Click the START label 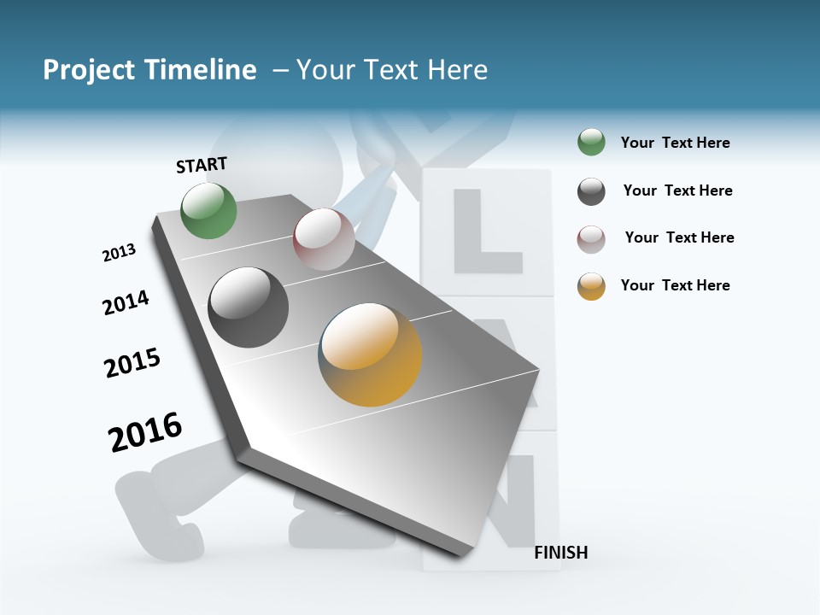click(x=202, y=165)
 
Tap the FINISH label click(x=560, y=553)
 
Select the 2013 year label click(x=119, y=253)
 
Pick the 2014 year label click(x=126, y=302)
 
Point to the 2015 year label click(x=132, y=363)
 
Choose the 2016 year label click(x=145, y=431)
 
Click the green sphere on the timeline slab click(x=209, y=211)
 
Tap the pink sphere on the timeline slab click(x=324, y=239)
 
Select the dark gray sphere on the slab click(x=249, y=307)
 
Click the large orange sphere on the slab click(x=370, y=354)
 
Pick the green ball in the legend click(x=591, y=143)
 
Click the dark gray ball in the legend click(x=591, y=190)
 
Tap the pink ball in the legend click(x=591, y=238)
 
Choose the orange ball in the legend click(x=591, y=285)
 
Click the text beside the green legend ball click(x=675, y=143)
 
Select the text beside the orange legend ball click(x=675, y=285)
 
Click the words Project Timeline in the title click(x=149, y=70)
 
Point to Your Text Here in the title click(x=391, y=70)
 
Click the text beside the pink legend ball click(x=679, y=237)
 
